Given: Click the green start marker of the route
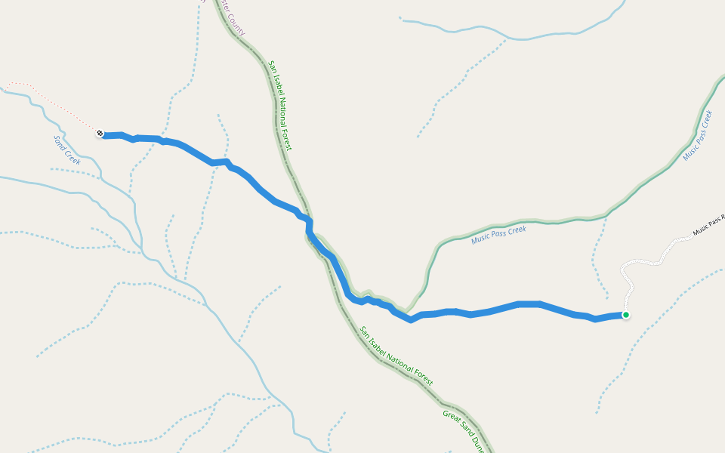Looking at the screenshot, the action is coord(625,315).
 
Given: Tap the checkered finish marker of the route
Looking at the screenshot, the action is coord(100,134).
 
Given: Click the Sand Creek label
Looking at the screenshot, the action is coord(67,149).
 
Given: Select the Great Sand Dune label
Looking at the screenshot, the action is coord(462,427).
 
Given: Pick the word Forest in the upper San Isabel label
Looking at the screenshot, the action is coord(286,136).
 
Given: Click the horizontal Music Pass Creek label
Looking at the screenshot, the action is coord(498,235).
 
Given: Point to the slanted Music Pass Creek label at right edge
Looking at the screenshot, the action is coord(697,136).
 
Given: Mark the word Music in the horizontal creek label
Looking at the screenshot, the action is coord(480,239).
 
